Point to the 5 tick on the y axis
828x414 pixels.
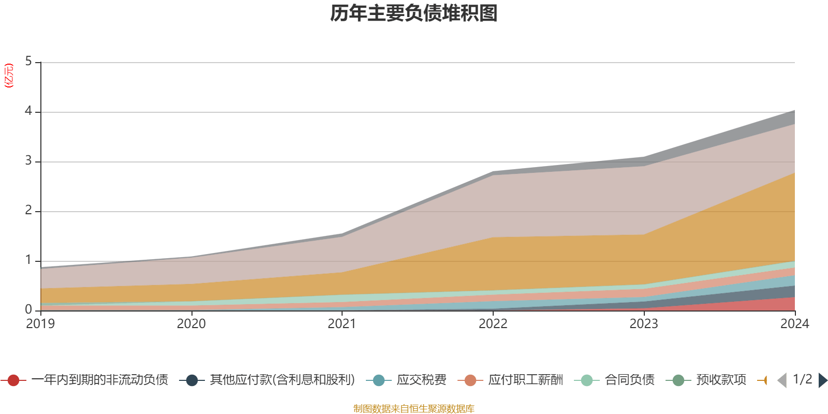pyautogui.click(x=28, y=62)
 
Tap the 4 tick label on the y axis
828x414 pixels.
pyautogui.click(x=28, y=112)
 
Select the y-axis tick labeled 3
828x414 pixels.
pyautogui.click(x=28, y=161)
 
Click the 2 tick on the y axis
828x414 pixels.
pyautogui.click(x=28, y=211)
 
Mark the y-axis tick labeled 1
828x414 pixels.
pyautogui.click(x=28, y=260)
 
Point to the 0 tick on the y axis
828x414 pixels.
pyautogui.click(x=28, y=310)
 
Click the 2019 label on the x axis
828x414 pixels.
pyautogui.click(x=40, y=324)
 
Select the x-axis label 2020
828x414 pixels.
pyautogui.click(x=191, y=324)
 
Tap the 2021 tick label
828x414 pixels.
pyautogui.click(x=342, y=324)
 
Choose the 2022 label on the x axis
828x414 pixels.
pyautogui.click(x=493, y=324)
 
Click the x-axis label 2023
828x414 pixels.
pyautogui.click(x=644, y=324)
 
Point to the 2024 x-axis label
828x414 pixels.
pyautogui.click(x=794, y=324)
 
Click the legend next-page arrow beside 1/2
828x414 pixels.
pyautogui.click(x=822, y=380)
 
